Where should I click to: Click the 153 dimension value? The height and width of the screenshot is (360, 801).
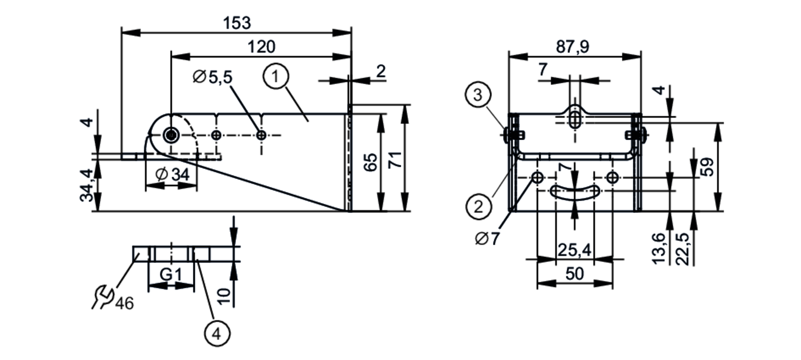coord(237,23)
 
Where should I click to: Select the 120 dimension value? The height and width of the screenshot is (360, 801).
coord(262,47)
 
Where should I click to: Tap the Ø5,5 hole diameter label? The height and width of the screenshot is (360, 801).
coord(213,77)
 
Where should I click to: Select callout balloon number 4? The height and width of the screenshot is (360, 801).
coord(217,334)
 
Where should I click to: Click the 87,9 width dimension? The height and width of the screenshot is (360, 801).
coord(573,47)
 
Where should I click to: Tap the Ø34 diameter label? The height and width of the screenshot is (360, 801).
coord(173,175)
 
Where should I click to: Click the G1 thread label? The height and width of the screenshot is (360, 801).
coord(171,275)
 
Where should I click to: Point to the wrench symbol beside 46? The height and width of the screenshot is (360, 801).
coord(101,296)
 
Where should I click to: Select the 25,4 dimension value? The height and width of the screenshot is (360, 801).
coord(574,250)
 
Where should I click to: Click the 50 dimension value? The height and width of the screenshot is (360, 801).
coord(574,274)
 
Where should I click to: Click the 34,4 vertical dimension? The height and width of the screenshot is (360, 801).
coord(87,185)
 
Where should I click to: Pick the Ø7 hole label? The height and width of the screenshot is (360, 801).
coord(487,239)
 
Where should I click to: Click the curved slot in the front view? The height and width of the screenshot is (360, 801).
coord(575,191)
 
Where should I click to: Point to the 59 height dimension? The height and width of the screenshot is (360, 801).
coord(708,167)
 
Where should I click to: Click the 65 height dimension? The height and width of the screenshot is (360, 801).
coord(372,162)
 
